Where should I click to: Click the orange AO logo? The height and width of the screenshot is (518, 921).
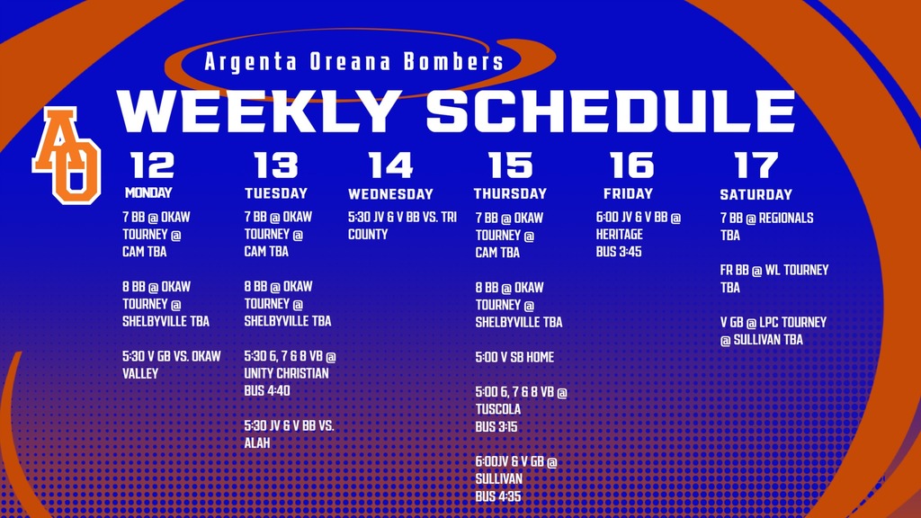tap(67, 154)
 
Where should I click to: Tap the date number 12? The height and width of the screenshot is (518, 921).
tap(152, 165)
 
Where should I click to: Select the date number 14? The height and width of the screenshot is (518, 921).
tap(391, 165)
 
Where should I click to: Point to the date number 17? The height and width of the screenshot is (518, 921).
tap(756, 165)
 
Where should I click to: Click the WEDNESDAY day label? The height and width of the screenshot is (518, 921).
tap(390, 194)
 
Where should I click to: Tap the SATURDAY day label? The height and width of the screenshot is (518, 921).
tap(756, 194)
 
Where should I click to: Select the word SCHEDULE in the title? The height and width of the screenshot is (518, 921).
tap(611, 112)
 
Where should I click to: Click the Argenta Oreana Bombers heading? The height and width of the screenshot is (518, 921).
tap(353, 62)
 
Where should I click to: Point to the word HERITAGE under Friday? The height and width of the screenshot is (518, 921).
tap(620, 235)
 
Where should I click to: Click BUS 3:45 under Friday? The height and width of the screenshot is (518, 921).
tap(619, 252)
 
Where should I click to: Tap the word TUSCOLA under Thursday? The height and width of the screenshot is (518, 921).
tap(498, 409)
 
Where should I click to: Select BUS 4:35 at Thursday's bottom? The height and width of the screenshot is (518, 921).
tap(498, 496)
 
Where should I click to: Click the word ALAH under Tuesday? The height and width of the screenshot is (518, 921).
tap(257, 443)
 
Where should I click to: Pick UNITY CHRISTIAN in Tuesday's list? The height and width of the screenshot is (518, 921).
tap(287, 373)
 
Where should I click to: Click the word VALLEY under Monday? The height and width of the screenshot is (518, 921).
tap(140, 373)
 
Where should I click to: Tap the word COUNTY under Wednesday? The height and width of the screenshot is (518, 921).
tap(368, 235)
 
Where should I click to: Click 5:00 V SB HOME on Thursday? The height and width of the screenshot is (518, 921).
tap(514, 357)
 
